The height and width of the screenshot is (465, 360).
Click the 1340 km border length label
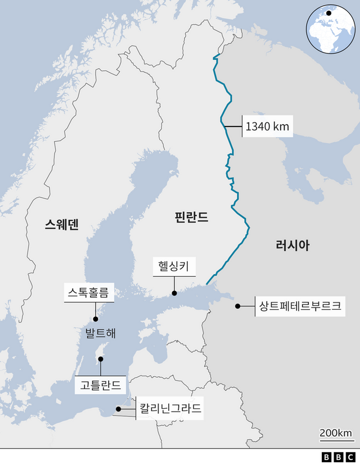coord(267,127)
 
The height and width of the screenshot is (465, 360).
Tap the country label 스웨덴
coord(62,225)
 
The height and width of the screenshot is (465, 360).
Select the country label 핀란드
coord(191,216)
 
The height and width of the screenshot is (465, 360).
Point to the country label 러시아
coord(292,245)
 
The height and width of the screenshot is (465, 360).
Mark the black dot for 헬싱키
coord(174,293)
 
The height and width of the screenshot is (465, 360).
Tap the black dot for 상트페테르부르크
coord(238,306)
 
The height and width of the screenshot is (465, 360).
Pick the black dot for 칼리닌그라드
coord(118,409)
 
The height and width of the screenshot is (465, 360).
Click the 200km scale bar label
coord(336,433)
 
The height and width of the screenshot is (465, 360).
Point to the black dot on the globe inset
coord(328,13)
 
